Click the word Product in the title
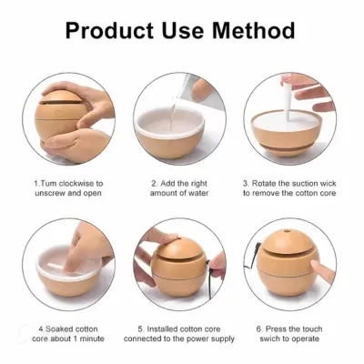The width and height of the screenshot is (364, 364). click(x=110, y=30)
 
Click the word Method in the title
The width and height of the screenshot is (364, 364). click(x=253, y=30)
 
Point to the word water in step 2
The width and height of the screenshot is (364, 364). click(x=198, y=193)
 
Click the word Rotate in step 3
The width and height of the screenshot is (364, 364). click(x=264, y=184)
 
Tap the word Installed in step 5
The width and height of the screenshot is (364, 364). click(x=163, y=329)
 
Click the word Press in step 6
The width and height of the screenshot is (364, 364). click(x=275, y=329)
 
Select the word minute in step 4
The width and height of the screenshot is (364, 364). click(x=92, y=339)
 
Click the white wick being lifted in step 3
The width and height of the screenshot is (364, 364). click(x=288, y=98)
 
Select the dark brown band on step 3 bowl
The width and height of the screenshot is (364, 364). click(x=285, y=147)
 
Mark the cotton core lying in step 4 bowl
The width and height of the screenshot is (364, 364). click(x=56, y=267)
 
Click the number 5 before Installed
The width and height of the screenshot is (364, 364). click(x=140, y=329)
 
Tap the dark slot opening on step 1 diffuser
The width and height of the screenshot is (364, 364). click(x=61, y=101)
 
